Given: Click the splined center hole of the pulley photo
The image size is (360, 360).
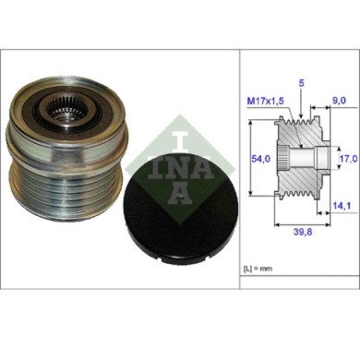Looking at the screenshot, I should (x=64, y=113).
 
